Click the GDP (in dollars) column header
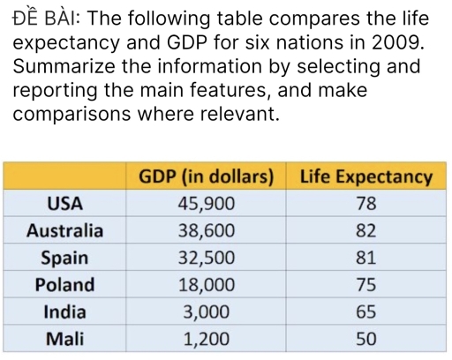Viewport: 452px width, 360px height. [x=208, y=176]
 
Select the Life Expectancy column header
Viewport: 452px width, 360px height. [x=366, y=176]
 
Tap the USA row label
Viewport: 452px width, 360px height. [x=64, y=204]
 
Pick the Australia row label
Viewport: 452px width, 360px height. [x=64, y=231]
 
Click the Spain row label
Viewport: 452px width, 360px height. [x=64, y=258]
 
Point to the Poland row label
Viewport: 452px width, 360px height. [x=64, y=284]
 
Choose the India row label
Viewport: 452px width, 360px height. [x=64, y=311]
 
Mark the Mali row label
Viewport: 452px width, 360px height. [x=64, y=338]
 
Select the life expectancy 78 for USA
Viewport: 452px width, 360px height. [x=366, y=204]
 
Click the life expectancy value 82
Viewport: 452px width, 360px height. [x=366, y=231]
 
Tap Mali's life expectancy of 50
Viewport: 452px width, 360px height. [x=366, y=338]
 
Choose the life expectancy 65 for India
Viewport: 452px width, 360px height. [x=366, y=311]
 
